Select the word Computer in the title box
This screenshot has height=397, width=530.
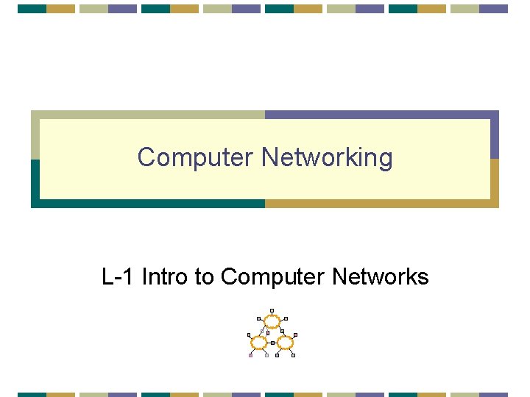click(196, 157)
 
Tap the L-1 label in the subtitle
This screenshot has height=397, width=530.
click(118, 276)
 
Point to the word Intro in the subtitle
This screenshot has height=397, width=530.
click(165, 276)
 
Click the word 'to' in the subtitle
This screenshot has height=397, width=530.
click(204, 276)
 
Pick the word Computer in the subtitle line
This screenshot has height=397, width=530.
click(272, 276)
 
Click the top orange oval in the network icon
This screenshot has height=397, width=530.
click(272, 321)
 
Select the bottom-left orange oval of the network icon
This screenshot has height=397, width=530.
click(258, 343)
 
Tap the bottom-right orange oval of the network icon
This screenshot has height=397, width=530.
click(286, 343)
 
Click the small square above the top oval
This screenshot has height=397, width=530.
click(272, 310)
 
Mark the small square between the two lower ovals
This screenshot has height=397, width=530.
click(272, 343)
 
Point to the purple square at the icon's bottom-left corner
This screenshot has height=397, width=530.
click(250, 356)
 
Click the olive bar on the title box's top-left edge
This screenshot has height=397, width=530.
click(147, 115)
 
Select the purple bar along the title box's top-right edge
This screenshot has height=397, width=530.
click(383, 115)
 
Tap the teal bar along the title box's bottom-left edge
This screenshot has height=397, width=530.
click(147, 204)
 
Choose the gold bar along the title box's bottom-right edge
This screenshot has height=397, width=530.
click(383, 204)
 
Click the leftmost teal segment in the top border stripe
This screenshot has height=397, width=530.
click(32, 9)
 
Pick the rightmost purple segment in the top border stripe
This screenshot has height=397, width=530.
click(494, 9)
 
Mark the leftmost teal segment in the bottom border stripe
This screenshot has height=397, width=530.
click(32, 394)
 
